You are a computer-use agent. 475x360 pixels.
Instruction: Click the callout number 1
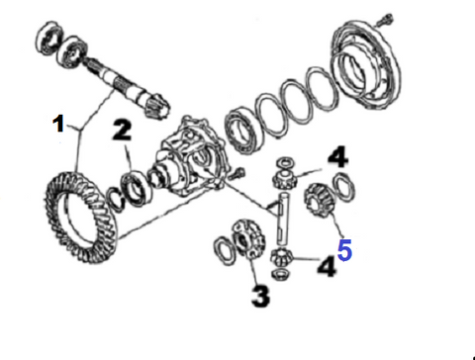[x=58, y=124]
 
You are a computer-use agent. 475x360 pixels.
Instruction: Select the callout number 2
[x=122, y=130]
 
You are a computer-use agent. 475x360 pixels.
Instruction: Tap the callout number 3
[x=260, y=297]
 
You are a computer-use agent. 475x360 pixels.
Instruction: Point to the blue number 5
[x=344, y=250]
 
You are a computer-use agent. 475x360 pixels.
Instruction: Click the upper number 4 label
[x=338, y=157]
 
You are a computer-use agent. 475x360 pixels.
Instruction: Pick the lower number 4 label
[x=327, y=266]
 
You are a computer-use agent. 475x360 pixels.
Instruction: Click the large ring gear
[x=80, y=217]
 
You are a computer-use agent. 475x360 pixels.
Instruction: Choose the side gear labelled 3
[x=248, y=238]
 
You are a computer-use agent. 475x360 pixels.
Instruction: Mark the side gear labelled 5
[x=320, y=201]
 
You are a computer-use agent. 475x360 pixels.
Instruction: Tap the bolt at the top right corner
[x=385, y=20]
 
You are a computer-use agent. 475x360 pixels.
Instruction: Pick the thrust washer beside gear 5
[x=344, y=187]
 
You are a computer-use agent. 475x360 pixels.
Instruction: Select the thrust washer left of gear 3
[x=226, y=250]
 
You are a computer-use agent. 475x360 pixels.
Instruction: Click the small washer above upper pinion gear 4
[x=286, y=162]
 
